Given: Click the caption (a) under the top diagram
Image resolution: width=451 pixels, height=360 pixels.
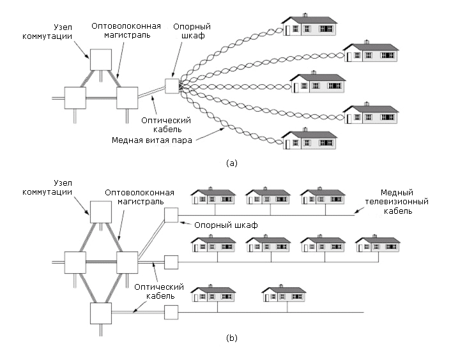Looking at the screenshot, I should (231, 163).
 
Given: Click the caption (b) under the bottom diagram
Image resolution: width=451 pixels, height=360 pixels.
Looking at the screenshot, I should (231, 338).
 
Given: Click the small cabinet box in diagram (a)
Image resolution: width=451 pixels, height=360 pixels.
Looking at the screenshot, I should (171, 86).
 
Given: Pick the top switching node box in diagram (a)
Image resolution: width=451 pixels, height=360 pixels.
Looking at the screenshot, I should (100, 59).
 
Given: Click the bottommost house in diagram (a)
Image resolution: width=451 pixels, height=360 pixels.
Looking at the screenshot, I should (309, 140).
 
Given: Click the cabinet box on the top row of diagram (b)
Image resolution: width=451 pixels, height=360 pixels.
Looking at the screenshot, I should (171, 214).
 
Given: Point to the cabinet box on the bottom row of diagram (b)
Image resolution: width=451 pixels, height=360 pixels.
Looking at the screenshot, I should (171, 312).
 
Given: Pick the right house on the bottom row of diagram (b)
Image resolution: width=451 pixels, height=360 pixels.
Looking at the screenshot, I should (284, 295).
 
